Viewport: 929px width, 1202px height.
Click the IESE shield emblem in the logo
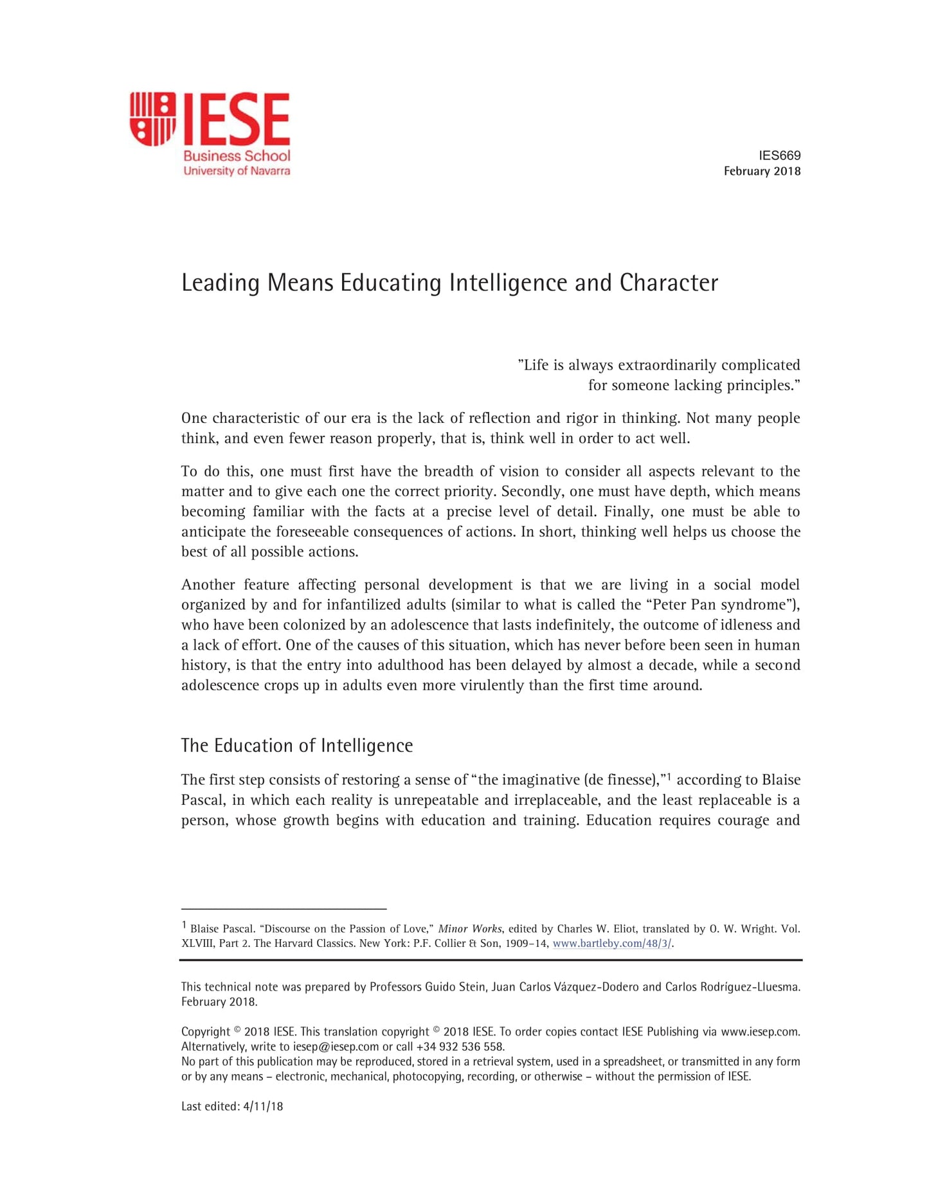tap(152, 119)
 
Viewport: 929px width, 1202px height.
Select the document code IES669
tap(779, 156)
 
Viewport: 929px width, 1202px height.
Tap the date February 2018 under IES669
tap(762, 171)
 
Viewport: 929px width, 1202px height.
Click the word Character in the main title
tap(669, 283)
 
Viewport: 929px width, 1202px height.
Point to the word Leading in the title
tap(221, 283)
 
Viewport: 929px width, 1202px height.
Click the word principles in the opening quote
tap(759, 385)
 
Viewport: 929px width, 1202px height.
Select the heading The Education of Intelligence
tap(297, 746)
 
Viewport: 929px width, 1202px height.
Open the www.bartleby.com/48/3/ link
tap(612, 944)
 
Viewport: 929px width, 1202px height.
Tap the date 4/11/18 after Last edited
tap(263, 1106)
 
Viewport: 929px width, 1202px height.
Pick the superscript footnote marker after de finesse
tap(669, 777)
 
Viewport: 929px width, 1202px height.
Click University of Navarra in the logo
tap(237, 171)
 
